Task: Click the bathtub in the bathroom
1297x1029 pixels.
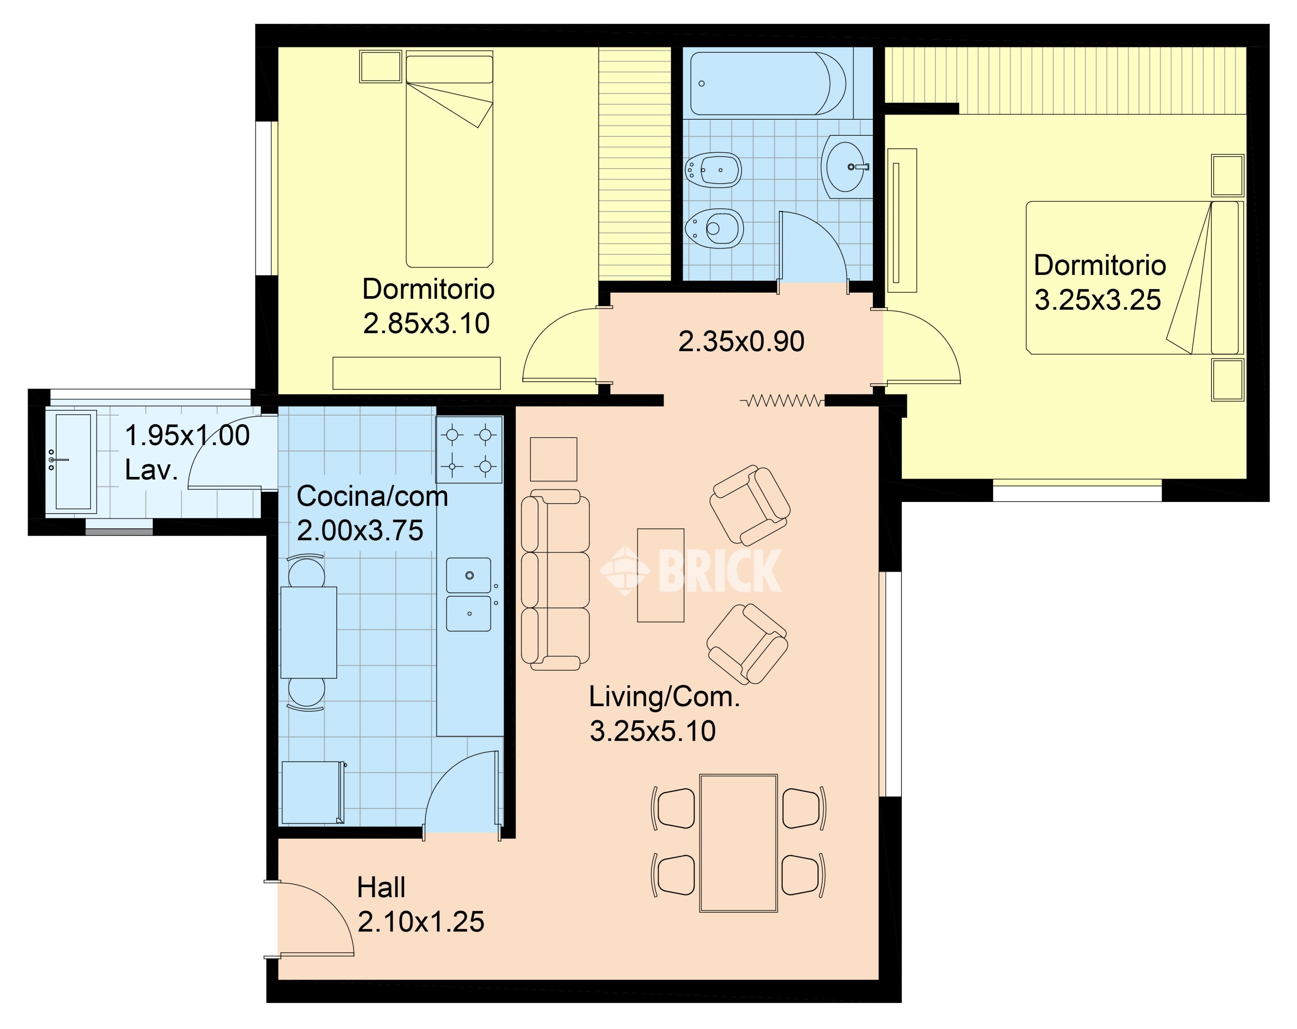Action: [768, 83]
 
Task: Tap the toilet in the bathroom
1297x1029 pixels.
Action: [714, 228]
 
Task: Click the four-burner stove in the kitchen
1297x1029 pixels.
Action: [469, 450]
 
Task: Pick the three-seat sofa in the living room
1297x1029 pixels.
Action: [555, 579]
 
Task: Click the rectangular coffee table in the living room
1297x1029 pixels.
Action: [661, 575]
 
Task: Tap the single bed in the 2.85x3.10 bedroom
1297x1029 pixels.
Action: [449, 159]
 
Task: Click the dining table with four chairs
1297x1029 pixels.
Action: [738, 843]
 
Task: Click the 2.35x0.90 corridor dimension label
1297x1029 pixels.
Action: [741, 341]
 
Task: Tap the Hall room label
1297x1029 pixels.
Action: [381, 887]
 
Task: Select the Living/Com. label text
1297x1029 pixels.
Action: [664, 697]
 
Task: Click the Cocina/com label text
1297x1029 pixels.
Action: [372, 496]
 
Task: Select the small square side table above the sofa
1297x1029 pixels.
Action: [553, 459]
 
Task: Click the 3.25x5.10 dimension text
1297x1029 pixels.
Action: [653, 731]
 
